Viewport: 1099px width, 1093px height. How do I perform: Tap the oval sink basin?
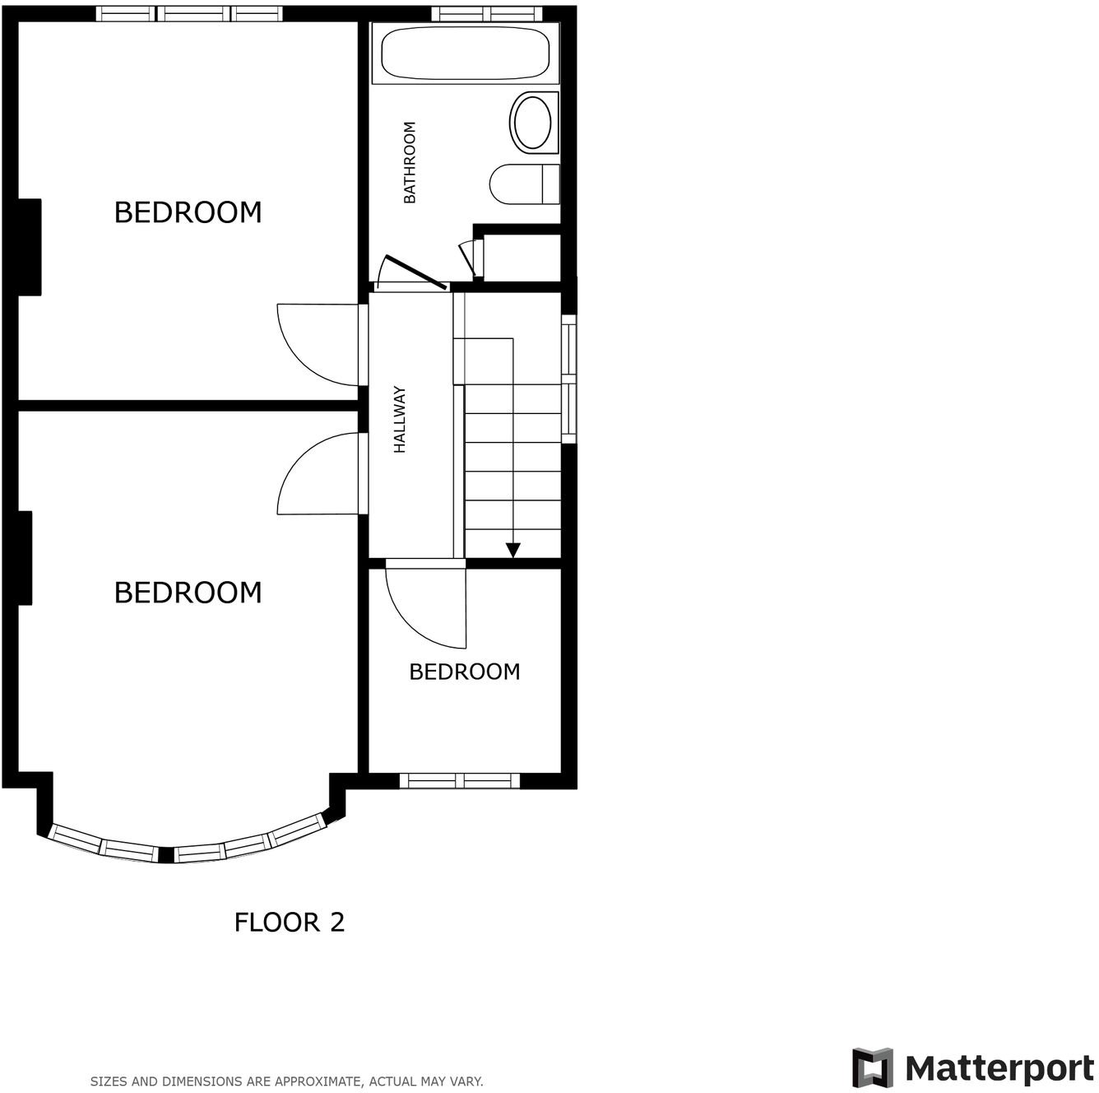pos(532,123)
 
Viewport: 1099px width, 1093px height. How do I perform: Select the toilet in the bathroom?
pos(522,184)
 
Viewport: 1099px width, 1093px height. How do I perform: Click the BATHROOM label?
pos(410,162)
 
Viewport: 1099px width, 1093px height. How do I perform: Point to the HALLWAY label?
pos(400,420)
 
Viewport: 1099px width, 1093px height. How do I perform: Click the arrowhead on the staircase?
pos(513,550)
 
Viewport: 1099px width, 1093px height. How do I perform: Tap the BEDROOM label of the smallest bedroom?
pos(465,672)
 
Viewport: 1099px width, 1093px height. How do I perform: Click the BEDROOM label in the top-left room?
pos(188,212)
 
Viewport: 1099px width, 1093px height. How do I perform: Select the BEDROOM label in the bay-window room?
pos(188,593)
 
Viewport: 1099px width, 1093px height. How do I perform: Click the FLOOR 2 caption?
pos(290,922)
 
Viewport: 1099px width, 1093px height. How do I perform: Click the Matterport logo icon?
pos(873,1067)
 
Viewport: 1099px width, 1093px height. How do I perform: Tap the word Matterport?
pos(999,1068)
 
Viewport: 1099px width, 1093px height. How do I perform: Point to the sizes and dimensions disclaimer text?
pos(286,1081)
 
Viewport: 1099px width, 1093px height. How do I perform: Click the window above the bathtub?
pos(487,13)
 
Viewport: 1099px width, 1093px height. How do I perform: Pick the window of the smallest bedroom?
pos(460,780)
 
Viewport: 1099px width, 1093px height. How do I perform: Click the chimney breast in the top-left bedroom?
pos(30,247)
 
